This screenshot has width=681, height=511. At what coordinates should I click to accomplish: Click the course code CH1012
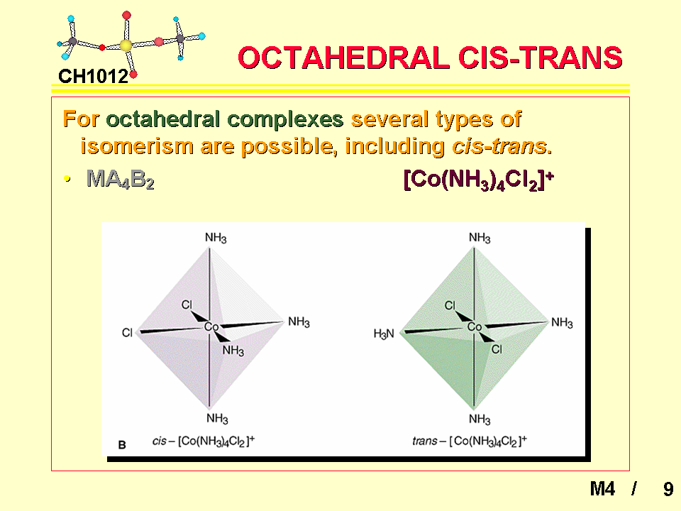pyautogui.click(x=94, y=77)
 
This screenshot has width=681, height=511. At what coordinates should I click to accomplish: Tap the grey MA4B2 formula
pyautogui.click(x=121, y=179)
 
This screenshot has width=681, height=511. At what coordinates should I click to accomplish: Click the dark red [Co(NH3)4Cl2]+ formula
pyautogui.click(x=479, y=179)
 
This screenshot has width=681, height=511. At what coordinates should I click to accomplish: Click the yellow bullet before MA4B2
pyautogui.click(x=67, y=178)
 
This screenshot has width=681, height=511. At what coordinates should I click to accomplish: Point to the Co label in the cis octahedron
pyautogui.click(x=211, y=326)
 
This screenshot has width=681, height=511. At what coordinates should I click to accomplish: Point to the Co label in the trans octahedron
pyautogui.click(x=475, y=326)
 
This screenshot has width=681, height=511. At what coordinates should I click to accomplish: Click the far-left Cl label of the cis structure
pyautogui.click(x=127, y=333)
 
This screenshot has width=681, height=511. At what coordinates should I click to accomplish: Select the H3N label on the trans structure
pyautogui.click(x=384, y=334)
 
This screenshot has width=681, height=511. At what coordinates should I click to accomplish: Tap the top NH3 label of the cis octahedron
pyautogui.click(x=216, y=238)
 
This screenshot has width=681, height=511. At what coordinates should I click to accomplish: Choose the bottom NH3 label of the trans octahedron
pyautogui.click(x=480, y=419)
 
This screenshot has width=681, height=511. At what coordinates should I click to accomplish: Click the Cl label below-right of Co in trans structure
pyautogui.click(x=497, y=349)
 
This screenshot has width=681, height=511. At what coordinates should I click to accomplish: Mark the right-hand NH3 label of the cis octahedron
pyautogui.click(x=299, y=322)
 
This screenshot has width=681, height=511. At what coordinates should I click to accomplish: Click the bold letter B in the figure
pyautogui.click(x=122, y=445)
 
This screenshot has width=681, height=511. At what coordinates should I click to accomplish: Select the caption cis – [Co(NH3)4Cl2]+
pyautogui.click(x=204, y=441)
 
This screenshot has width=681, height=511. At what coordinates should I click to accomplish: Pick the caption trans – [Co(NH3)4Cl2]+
pyautogui.click(x=470, y=441)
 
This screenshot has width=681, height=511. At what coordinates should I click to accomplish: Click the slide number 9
pyautogui.click(x=668, y=489)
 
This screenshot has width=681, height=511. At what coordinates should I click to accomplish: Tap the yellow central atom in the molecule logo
pyautogui.click(x=126, y=45)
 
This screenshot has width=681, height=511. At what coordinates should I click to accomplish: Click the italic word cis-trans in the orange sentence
pyautogui.click(x=499, y=146)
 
